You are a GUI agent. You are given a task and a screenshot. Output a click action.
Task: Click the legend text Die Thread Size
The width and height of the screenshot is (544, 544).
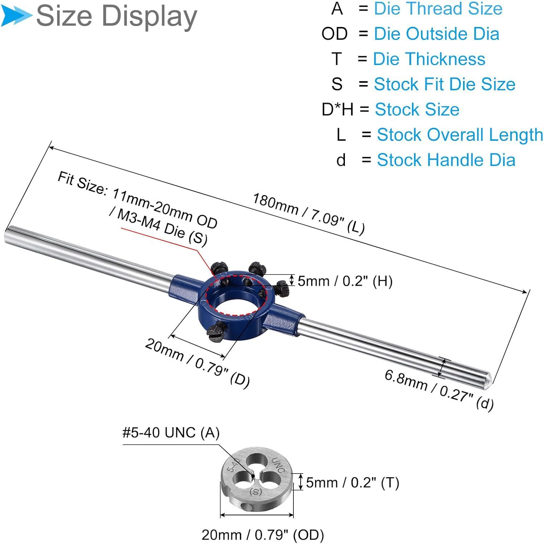pos(438,8)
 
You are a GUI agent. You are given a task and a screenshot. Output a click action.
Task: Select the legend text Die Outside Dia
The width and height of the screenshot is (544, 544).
pos(437,34)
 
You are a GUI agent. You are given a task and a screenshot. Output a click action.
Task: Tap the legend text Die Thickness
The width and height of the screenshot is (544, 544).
pos(429,59)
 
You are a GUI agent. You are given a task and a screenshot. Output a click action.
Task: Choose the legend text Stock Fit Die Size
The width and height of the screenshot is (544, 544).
pos(445,84)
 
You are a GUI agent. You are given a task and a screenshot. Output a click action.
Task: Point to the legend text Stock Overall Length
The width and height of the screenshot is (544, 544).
pos(460,135)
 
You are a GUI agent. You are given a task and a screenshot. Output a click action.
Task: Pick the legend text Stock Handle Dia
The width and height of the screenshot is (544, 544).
pos(446,160)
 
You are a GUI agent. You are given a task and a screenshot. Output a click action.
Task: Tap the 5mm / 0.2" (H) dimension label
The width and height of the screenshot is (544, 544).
pos(345,281)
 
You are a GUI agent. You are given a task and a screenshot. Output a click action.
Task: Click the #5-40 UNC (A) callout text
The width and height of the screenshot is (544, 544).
pos(171,433)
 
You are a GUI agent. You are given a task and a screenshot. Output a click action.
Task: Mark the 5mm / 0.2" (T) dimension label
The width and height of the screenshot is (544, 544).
pos(353,483)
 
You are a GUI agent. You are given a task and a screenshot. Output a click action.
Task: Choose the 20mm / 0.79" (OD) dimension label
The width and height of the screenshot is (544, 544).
pos(263,535)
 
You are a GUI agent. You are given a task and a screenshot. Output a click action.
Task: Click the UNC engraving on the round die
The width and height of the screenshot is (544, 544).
pos(278,465)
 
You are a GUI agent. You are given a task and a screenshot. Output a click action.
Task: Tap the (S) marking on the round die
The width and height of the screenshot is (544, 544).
pos(256,492)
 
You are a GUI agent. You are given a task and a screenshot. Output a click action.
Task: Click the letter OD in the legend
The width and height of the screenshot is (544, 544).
pos(334,34)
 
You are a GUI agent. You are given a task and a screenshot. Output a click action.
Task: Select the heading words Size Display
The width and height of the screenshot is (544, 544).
pos(116,16)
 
